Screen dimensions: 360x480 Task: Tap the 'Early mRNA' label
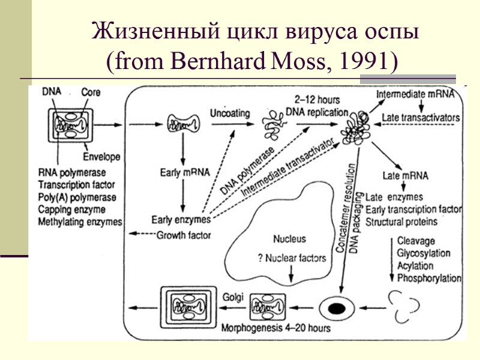click(x=185, y=173)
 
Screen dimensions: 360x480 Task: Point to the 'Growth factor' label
click(x=184, y=235)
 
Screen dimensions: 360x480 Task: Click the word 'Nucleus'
click(x=289, y=238)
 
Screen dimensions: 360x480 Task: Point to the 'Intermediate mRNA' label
click(x=419, y=95)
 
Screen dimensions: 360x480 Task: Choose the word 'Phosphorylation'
click(x=429, y=278)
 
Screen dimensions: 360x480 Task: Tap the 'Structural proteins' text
click(x=401, y=221)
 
